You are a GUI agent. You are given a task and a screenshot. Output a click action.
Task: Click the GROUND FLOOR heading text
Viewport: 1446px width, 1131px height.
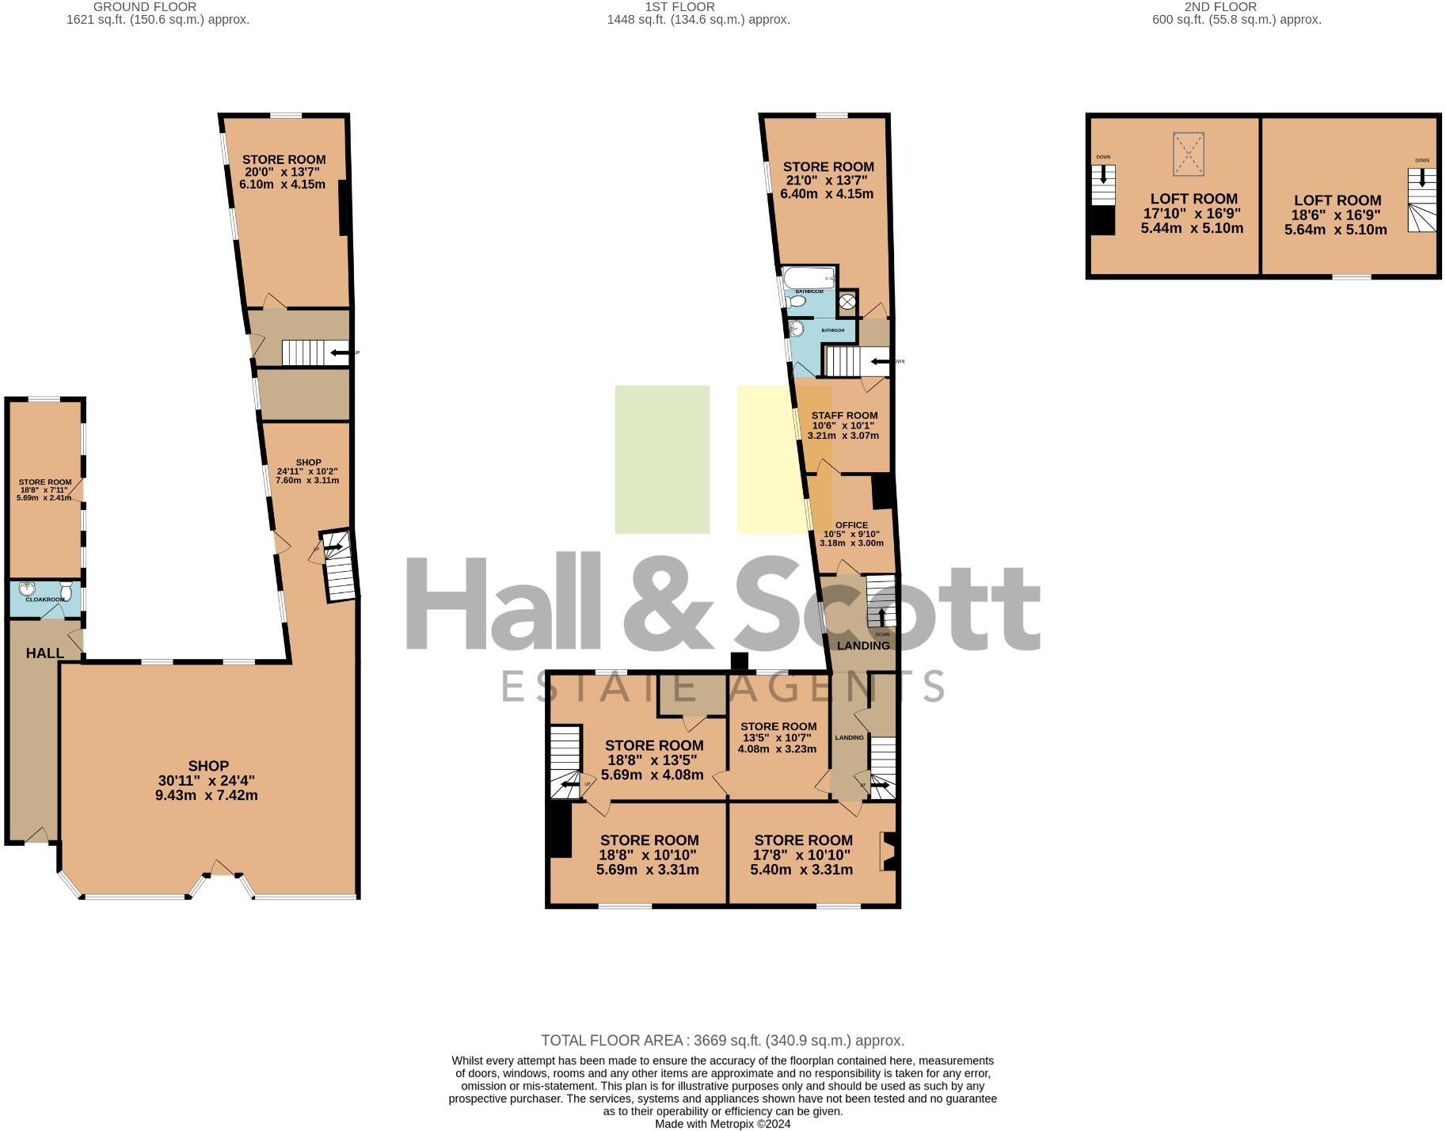[x=145, y=7]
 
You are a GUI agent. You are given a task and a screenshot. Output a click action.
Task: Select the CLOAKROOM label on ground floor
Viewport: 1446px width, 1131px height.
[x=45, y=600]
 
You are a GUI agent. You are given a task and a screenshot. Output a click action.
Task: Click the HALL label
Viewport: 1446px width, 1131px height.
[x=44, y=653]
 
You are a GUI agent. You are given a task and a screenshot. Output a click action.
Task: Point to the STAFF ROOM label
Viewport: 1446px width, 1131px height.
[x=844, y=415]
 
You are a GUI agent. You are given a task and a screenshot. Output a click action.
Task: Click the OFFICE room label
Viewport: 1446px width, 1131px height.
[x=851, y=525]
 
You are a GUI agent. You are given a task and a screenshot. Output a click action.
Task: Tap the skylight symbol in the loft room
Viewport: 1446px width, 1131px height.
[x=1187, y=154]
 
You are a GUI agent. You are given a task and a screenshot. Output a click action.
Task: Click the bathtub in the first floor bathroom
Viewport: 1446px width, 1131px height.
[x=809, y=279]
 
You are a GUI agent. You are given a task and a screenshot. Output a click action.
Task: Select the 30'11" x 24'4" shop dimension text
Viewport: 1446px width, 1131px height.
[x=206, y=781]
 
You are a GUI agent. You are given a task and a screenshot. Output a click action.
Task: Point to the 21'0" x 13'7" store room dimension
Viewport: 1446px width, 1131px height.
[x=828, y=181]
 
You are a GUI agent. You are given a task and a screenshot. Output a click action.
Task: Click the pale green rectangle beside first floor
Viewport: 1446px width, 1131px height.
[x=662, y=459]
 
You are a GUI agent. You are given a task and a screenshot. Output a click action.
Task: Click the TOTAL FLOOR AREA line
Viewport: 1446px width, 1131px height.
[x=722, y=1041]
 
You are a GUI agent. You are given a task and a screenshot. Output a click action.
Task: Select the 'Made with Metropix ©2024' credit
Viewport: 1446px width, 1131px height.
[x=722, y=1124]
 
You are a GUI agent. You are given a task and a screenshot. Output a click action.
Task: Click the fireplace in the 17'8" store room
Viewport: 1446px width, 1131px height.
[x=888, y=851]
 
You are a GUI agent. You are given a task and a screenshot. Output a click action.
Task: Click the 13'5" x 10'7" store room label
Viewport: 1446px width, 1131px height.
[x=778, y=737]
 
